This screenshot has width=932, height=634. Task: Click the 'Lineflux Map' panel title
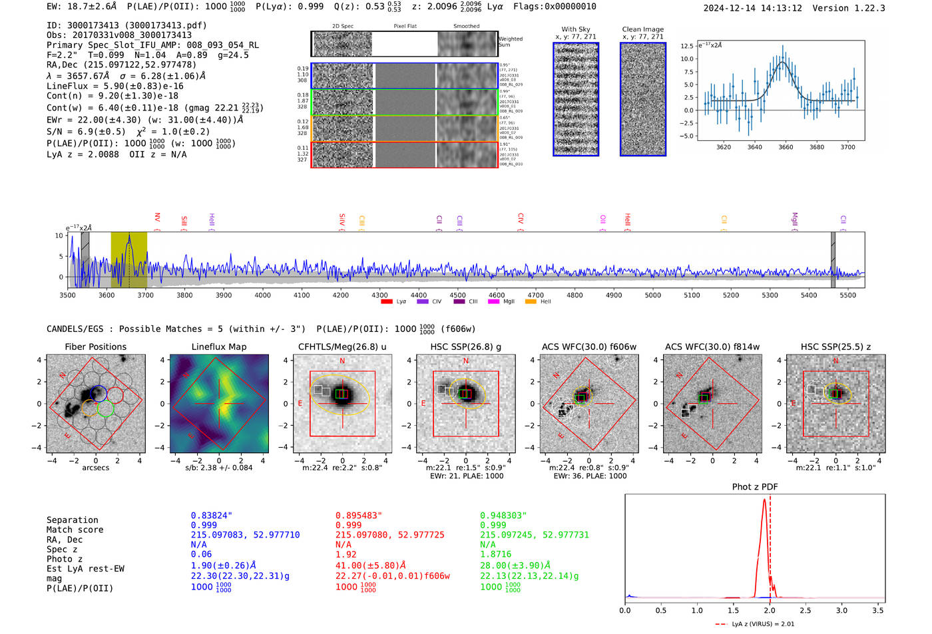[218, 347]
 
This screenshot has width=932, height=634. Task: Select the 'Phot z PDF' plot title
[755, 487]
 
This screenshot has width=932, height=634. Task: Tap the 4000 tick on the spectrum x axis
[263, 295]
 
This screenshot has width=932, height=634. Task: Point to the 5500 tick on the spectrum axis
[847, 295]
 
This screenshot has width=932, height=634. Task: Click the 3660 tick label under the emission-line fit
[786, 147]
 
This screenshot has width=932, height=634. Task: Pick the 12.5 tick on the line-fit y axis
[686, 46]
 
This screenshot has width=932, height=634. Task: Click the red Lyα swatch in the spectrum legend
[386, 302]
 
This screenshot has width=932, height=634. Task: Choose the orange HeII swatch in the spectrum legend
[531, 302]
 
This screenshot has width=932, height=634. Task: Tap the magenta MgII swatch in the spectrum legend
[493, 302]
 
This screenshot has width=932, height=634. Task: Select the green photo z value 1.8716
[495, 554]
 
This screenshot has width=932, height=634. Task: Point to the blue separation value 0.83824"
[212, 516]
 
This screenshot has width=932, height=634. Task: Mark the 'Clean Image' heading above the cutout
[642, 29]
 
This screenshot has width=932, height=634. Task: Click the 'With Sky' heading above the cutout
[576, 29]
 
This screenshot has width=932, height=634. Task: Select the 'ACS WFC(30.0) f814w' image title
[712, 347]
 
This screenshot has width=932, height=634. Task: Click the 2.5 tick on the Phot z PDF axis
[806, 610]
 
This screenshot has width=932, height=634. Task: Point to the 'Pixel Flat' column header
[405, 27]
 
